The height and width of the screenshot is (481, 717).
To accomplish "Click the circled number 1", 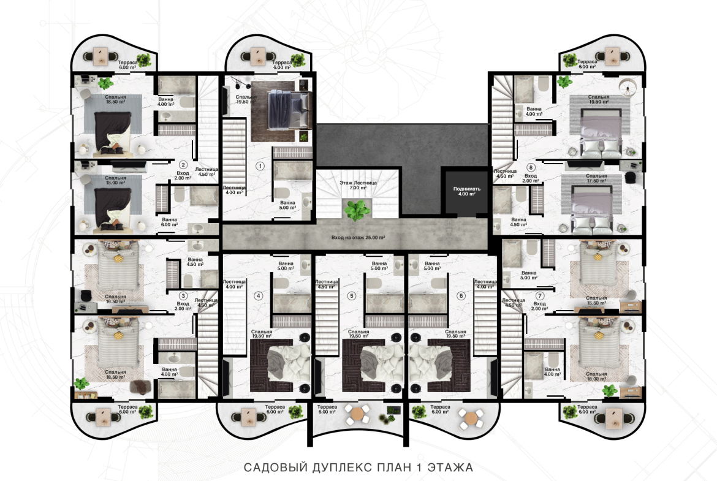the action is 260,166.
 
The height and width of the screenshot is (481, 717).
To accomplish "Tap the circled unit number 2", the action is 183,165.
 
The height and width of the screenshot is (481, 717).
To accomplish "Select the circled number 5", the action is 352,296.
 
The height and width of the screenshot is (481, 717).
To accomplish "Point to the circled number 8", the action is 531,167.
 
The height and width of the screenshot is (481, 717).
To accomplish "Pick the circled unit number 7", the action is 540,296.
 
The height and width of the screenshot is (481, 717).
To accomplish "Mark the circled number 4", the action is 259,296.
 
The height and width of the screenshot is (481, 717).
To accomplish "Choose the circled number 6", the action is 461,296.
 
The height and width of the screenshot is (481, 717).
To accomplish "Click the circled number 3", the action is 183,296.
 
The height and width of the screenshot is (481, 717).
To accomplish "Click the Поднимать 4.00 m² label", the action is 467,191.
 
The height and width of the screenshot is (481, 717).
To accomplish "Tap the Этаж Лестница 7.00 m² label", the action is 358,185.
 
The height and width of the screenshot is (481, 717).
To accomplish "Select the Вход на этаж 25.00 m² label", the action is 358,238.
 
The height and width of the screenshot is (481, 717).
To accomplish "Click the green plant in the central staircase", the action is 357,211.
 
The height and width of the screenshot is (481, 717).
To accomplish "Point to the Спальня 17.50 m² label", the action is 596,178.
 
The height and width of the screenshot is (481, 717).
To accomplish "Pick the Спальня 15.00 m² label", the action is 115,180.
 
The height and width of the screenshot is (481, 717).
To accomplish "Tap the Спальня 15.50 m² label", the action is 596,300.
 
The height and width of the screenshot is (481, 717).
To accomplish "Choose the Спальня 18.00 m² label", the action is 596,376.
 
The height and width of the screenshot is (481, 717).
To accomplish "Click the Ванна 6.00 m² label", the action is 169,222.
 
